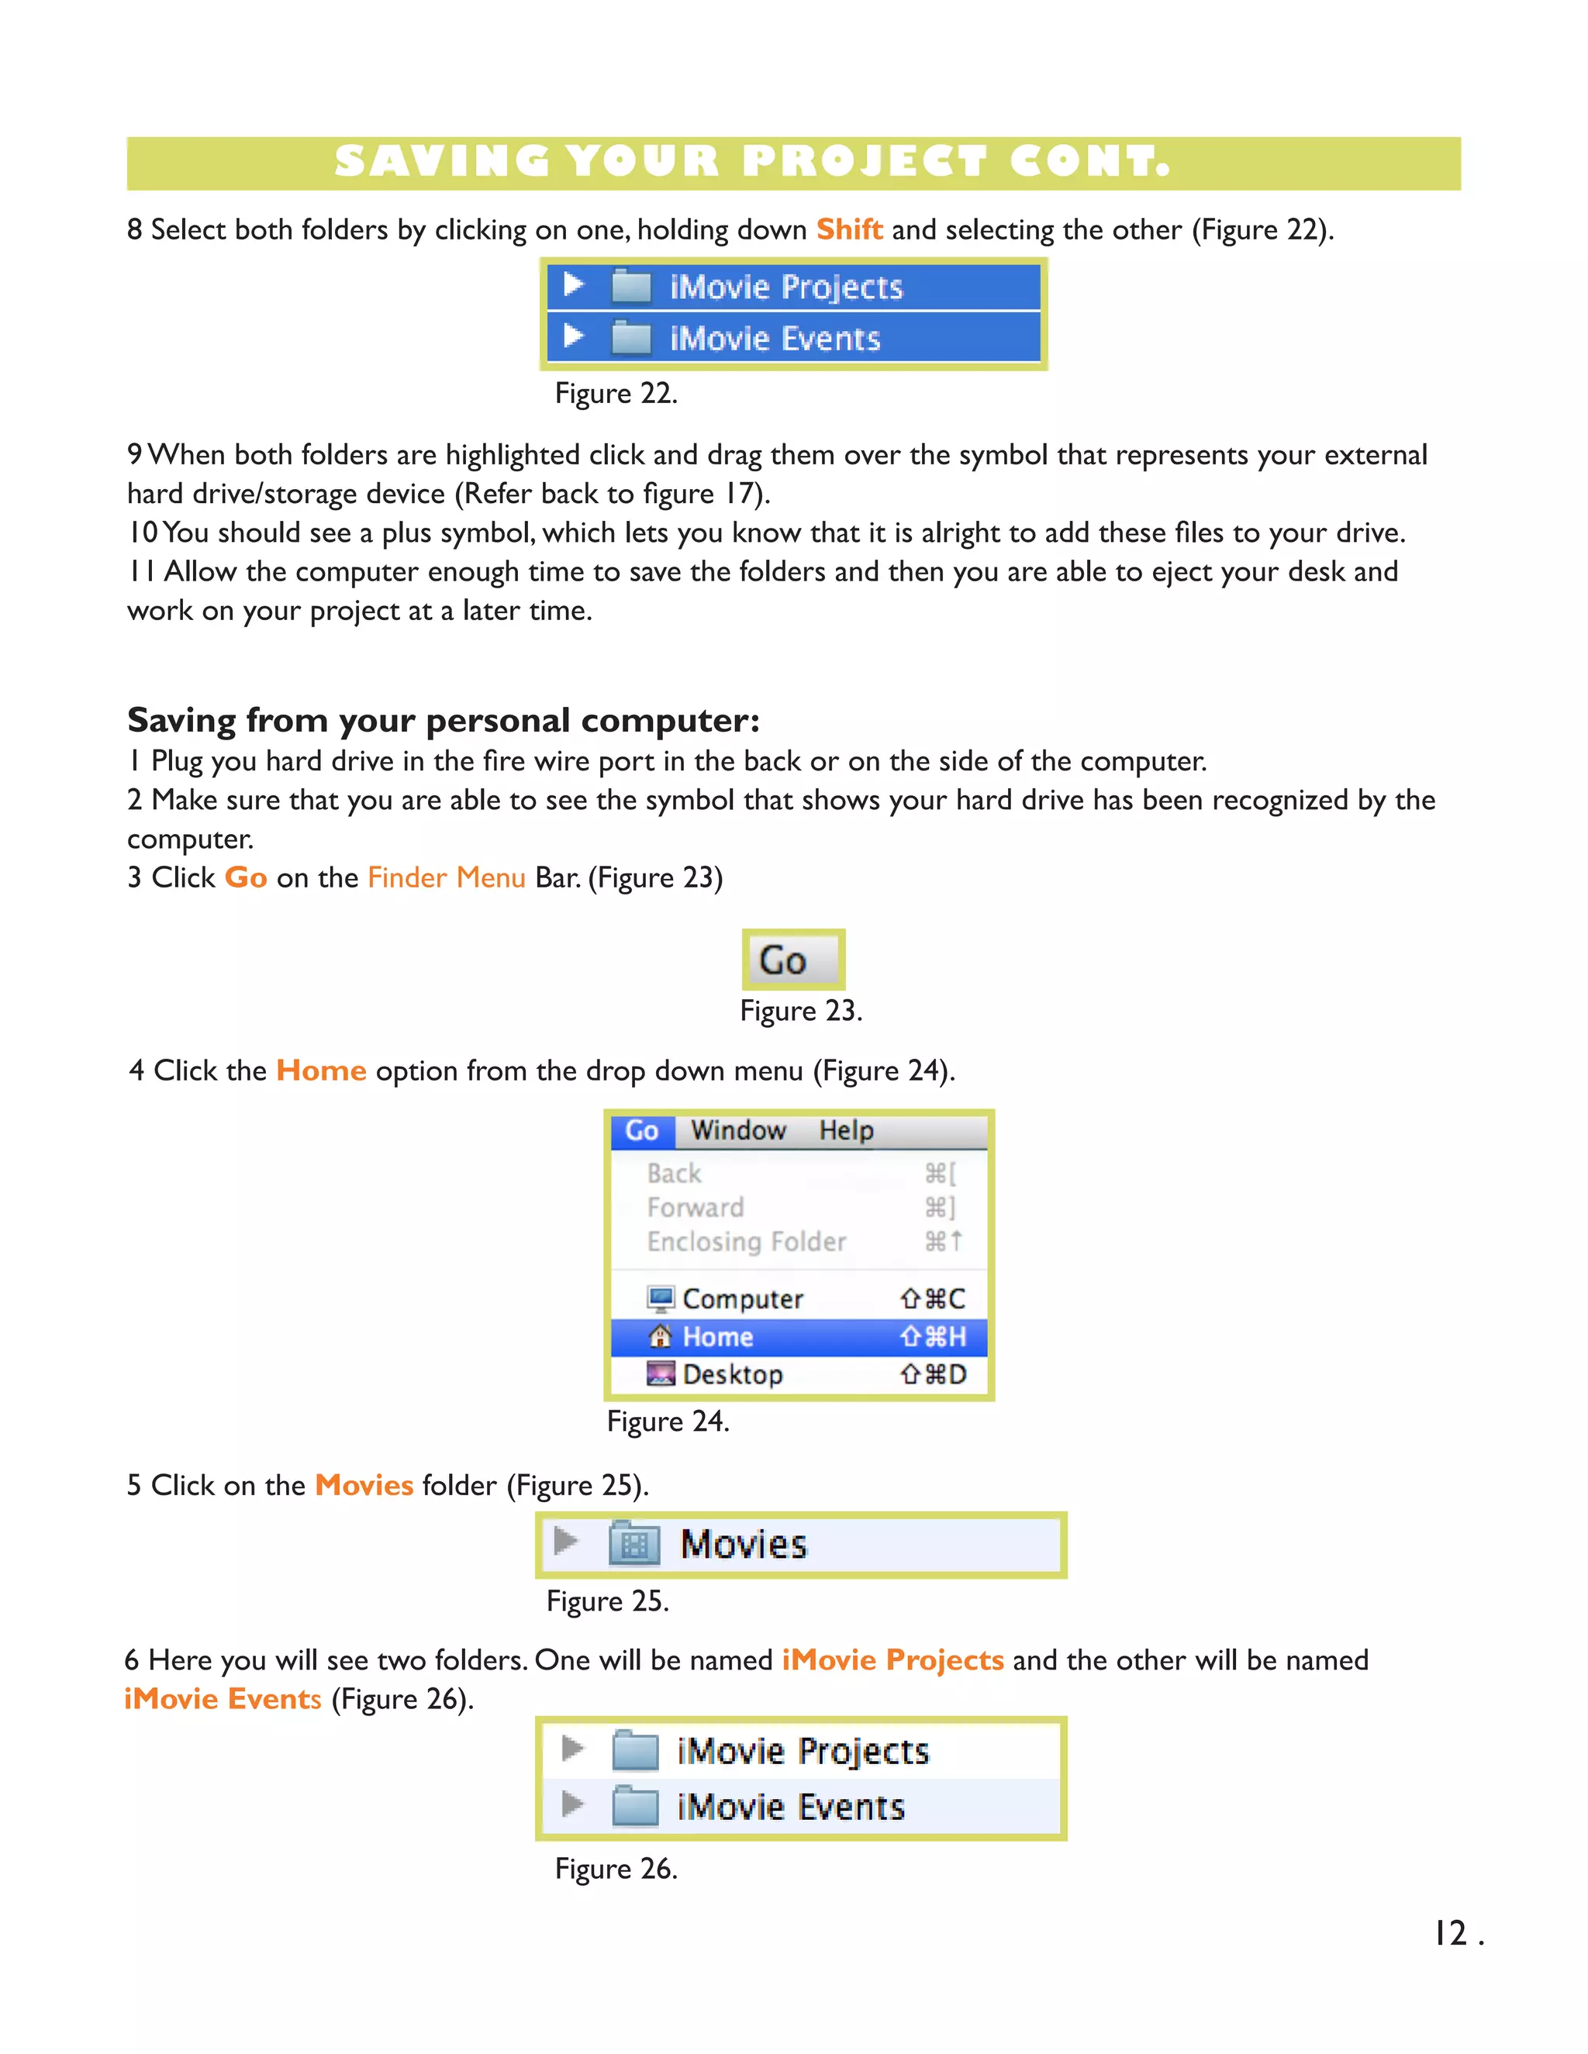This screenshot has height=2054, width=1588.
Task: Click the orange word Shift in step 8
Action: [848, 229]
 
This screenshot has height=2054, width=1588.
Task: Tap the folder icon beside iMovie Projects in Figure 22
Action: [630, 286]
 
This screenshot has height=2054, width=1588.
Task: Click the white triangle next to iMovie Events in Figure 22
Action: [574, 336]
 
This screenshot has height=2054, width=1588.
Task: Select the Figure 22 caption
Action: [616, 393]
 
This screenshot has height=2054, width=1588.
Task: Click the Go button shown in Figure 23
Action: [792, 960]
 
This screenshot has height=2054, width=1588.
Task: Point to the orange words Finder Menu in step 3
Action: [446, 877]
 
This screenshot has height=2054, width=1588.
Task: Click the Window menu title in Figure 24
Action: [737, 1130]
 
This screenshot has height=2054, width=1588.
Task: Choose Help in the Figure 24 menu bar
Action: [846, 1130]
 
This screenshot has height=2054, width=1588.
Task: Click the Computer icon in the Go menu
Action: [661, 1299]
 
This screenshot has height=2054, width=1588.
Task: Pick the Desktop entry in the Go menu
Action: [732, 1374]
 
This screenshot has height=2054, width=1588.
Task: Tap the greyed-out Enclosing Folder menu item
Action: [746, 1242]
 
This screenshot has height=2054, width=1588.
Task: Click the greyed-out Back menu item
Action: [675, 1173]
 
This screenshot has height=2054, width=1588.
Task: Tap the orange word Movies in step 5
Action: [364, 1485]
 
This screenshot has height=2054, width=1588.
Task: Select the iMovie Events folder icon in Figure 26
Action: [634, 1806]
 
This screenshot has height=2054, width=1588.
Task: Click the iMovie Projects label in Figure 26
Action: [803, 1751]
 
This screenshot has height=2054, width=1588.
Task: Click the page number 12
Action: [1451, 1934]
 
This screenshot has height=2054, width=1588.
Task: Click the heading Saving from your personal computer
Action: [443, 720]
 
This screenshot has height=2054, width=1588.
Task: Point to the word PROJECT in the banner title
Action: [864, 162]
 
